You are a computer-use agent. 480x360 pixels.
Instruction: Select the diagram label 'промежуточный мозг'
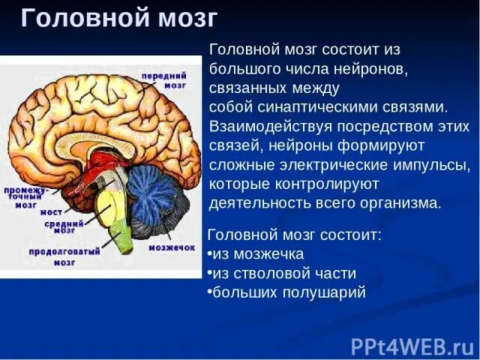click(x=25, y=196)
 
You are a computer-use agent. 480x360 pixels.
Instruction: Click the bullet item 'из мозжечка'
click(x=257, y=253)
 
